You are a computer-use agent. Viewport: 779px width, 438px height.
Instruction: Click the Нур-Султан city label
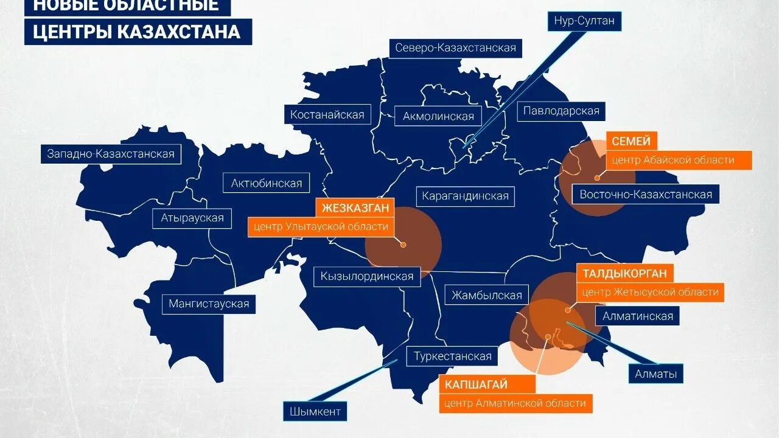click(584, 21)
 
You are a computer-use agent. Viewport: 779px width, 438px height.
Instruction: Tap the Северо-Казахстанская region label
click(455, 47)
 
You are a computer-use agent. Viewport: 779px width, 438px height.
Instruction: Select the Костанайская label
click(327, 114)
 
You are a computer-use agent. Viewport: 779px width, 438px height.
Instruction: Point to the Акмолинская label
click(438, 116)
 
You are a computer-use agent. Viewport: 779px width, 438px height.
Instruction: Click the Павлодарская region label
click(561, 111)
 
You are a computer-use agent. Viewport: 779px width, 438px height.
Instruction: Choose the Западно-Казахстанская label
click(111, 154)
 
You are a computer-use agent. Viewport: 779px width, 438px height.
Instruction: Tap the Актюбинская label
click(267, 183)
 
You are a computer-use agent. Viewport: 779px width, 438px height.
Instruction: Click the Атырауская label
click(192, 218)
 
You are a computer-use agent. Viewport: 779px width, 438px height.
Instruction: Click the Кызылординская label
click(367, 276)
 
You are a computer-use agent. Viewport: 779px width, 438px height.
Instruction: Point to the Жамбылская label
click(487, 296)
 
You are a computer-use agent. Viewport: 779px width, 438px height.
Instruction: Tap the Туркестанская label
click(452, 356)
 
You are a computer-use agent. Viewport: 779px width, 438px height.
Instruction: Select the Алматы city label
click(655, 374)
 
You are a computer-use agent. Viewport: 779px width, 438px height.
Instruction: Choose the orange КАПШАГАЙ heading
click(476, 384)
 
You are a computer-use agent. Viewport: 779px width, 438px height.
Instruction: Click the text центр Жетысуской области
click(650, 292)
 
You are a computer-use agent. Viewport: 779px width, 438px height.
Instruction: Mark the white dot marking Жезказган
click(403, 245)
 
